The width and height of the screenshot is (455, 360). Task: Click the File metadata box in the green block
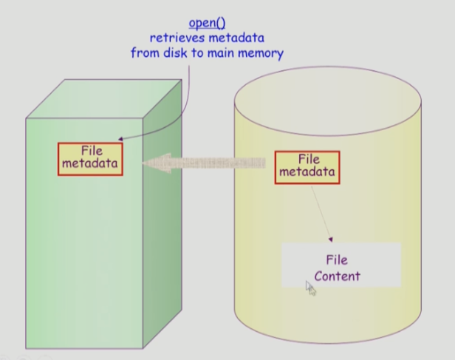pos(89,157)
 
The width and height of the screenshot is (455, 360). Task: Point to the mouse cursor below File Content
pos(310,288)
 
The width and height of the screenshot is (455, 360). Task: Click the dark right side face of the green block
pos(171,222)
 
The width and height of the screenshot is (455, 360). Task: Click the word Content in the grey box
pos(337,276)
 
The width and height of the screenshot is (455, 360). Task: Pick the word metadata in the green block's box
pos(89,163)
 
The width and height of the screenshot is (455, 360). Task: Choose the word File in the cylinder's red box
pos(308,159)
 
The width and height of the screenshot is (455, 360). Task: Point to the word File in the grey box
pos(336,259)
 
